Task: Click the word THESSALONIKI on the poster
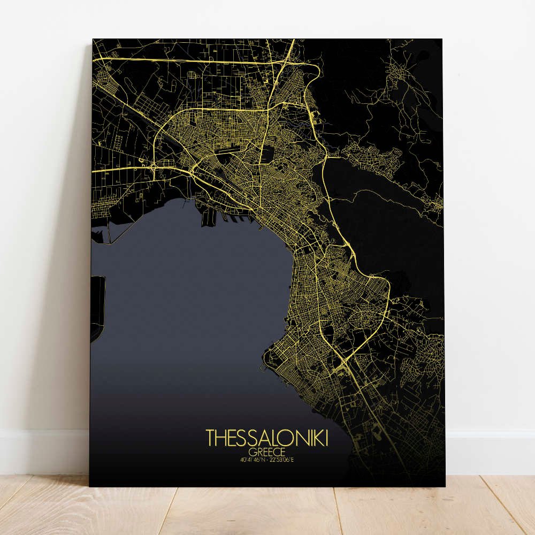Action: point(267,438)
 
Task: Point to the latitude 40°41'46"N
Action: point(253,458)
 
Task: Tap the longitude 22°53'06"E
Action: point(285,458)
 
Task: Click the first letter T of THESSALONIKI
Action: point(210,438)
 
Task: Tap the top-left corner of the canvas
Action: point(93,39)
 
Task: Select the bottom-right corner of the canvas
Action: point(445,486)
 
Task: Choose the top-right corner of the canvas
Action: point(442,39)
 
